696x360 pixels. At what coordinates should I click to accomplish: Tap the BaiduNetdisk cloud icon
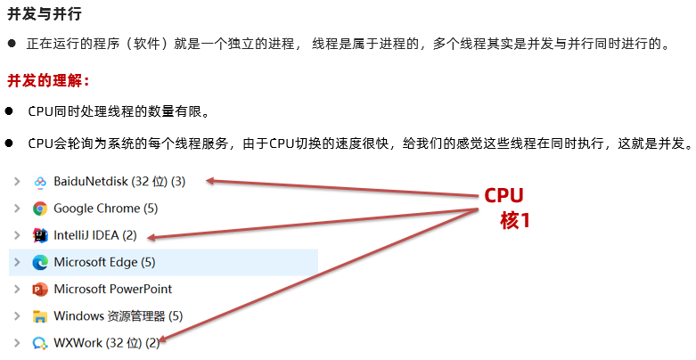(40, 182)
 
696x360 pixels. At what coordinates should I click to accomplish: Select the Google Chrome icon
(40, 209)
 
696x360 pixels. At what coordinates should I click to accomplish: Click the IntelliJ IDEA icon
(40, 235)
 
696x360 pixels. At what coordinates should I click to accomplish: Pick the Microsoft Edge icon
(40, 262)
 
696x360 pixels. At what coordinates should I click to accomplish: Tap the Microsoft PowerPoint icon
(40, 289)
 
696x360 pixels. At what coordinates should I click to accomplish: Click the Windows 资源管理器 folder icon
(40, 315)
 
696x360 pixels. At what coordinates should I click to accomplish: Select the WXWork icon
(40, 342)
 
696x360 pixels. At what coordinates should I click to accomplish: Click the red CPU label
(504, 196)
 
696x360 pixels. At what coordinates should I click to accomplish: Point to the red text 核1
(515, 220)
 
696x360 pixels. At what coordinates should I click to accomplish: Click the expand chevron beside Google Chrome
(16, 209)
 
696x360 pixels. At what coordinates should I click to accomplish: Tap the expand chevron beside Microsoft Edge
(16, 262)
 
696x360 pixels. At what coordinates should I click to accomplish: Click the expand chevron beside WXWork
(16, 342)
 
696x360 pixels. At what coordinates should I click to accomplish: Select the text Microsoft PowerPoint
(113, 289)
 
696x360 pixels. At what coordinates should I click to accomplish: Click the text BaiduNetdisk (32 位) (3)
(119, 182)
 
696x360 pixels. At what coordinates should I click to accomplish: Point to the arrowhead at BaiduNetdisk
(211, 182)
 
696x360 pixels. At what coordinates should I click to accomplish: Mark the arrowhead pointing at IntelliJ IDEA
(152, 237)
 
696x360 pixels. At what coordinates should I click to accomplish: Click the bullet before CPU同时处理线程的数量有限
(9, 112)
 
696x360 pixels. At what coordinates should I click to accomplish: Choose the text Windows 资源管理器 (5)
(118, 315)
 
